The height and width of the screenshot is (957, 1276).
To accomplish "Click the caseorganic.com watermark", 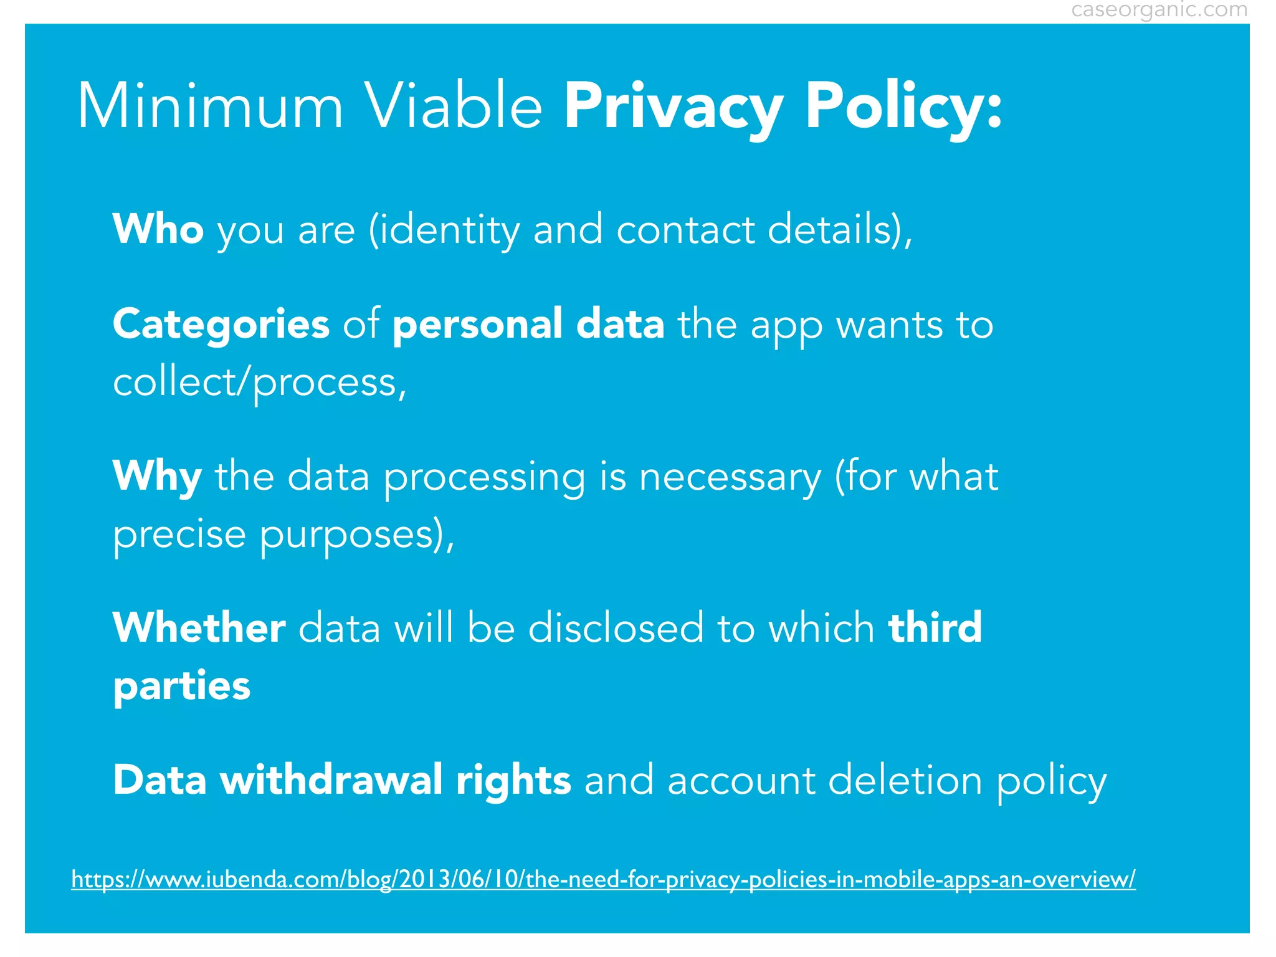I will coord(1159,10).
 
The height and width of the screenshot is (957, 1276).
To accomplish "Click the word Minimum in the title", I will coord(210,107).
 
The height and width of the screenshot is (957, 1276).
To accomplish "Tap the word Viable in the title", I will coord(453,107).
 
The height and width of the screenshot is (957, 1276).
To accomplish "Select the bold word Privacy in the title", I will coord(674,107).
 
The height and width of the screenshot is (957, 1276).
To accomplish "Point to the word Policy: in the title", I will coord(903,107).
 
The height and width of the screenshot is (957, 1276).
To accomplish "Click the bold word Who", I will coord(158,229).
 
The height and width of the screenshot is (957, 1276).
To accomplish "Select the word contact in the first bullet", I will coord(685,229).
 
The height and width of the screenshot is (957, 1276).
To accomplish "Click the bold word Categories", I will coord(221,325).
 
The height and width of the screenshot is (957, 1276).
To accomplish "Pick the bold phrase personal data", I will coord(528,325).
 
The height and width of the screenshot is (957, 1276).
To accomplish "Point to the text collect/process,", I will coord(260,382).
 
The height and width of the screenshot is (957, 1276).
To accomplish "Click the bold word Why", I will coord(157,477).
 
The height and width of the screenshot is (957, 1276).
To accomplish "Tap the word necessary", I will coord(730,477).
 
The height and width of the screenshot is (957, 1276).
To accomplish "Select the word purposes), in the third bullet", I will coord(357,535).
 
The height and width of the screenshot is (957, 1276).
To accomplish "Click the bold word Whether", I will coord(199,627).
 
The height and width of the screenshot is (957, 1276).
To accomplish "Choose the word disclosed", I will coord(616,627).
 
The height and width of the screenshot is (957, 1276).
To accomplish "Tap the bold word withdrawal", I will coord(331,780).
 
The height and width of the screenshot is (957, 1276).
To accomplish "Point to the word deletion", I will coord(905,780).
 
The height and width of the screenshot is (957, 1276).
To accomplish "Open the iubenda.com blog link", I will coord(603,879).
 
